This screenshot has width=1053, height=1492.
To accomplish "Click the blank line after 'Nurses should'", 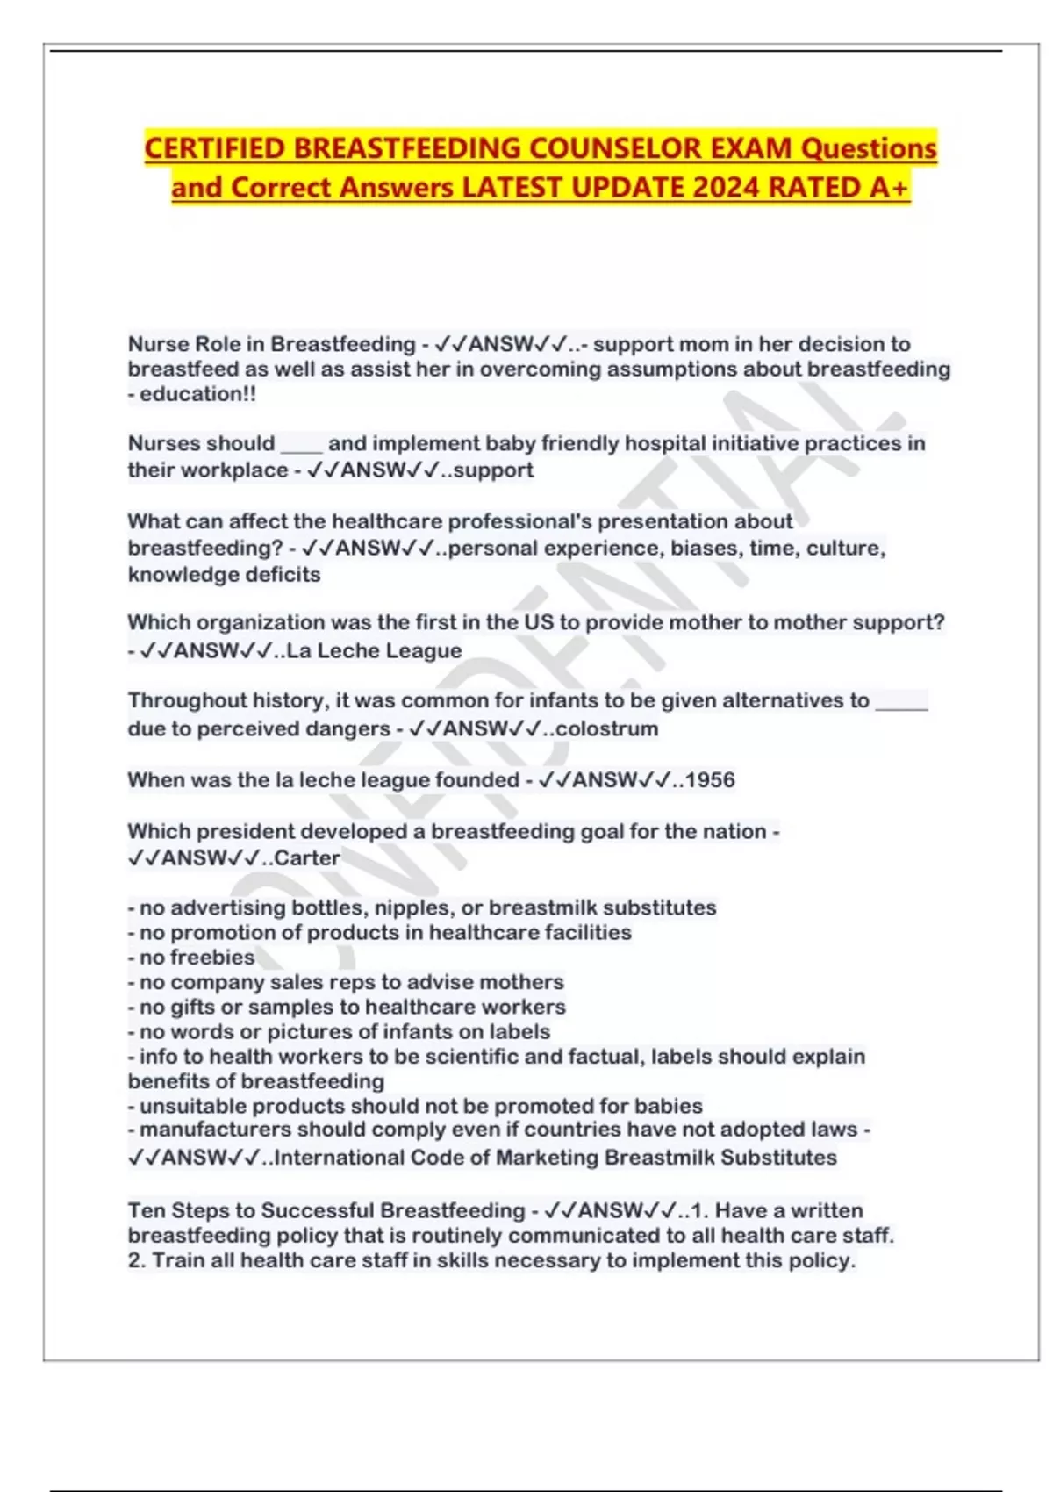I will (x=301, y=446).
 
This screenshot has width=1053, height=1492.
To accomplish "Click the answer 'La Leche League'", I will (x=374, y=651).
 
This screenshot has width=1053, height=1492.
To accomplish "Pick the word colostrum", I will (x=606, y=728).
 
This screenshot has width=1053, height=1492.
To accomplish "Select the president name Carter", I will (x=307, y=857).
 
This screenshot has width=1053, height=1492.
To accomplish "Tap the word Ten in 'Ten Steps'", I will (x=146, y=1211).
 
